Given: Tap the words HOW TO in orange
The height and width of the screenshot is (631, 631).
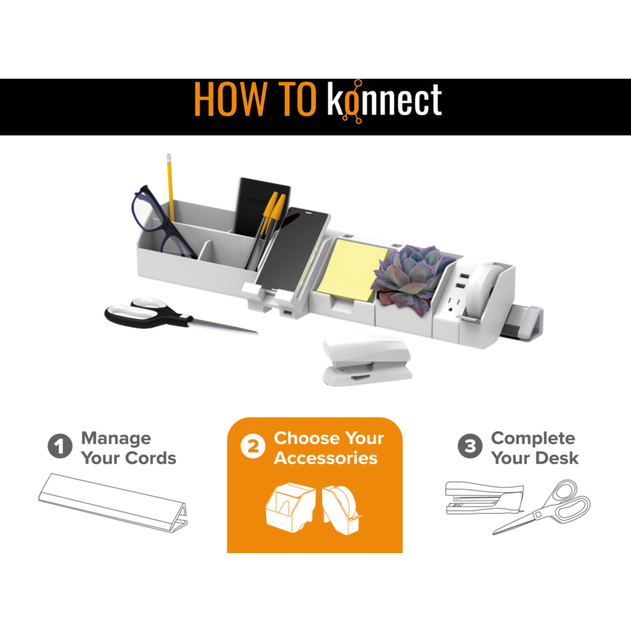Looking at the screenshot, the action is coord(255,99).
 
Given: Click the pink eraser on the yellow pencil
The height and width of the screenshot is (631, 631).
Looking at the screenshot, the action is coord(169,156).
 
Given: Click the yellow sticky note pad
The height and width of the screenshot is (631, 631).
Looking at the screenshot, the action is coord(351,269).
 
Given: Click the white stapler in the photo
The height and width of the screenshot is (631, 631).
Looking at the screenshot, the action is coord(367,361).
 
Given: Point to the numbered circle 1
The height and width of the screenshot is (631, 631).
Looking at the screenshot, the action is coord(60,446).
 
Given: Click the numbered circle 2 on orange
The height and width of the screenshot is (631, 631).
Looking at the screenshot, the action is coord(252,446).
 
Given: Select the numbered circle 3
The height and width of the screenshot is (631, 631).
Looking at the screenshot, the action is coord(470,446).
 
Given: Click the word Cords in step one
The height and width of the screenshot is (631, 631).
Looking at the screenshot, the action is coord(151,458).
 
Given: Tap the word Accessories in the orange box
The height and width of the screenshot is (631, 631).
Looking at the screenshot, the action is coord(326,458).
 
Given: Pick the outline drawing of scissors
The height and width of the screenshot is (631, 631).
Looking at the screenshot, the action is coord(542,507).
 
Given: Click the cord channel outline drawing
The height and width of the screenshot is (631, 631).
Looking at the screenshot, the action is coord(113,503).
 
